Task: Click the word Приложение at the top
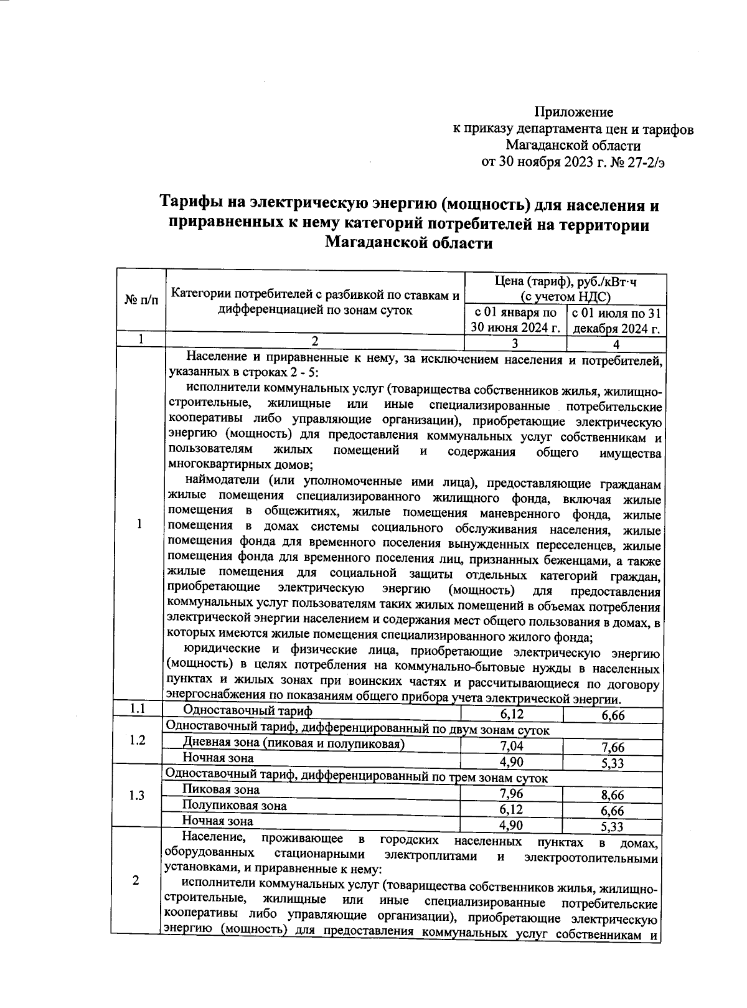click(574, 112)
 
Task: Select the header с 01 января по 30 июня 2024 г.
click(515, 321)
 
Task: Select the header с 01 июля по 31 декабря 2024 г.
click(616, 321)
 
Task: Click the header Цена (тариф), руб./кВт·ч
click(565, 281)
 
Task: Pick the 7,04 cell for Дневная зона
click(512, 747)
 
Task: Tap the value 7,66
click(613, 748)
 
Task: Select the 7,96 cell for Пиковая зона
click(512, 794)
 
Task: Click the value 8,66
click(613, 795)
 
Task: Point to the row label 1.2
click(138, 740)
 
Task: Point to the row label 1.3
click(138, 796)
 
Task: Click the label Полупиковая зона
click(235, 806)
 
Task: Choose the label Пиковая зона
click(221, 790)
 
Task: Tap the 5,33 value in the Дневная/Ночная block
click(613, 763)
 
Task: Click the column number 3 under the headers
click(515, 343)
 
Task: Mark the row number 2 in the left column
click(136, 880)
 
